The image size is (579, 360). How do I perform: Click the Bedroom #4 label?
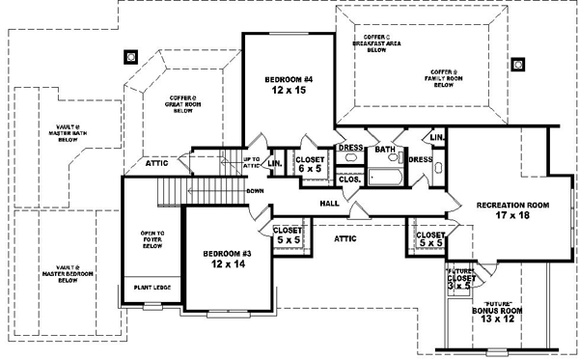(x=287, y=81)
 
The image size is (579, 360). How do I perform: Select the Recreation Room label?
(x=511, y=205)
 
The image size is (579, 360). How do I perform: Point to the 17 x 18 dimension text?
(x=511, y=217)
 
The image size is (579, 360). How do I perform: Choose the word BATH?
(x=385, y=150)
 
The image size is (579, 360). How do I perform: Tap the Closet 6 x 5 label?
(x=310, y=164)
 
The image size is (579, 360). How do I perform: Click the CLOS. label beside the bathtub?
(x=349, y=179)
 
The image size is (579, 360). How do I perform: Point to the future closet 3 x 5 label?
(x=460, y=280)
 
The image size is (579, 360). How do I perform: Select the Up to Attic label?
(x=250, y=161)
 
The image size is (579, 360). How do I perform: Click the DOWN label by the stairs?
(x=255, y=190)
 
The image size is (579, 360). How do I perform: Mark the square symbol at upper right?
(x=518, y=65)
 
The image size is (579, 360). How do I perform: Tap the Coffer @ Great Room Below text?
(x=183, y=103)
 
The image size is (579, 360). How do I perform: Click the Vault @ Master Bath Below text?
(x=68, y=132)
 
